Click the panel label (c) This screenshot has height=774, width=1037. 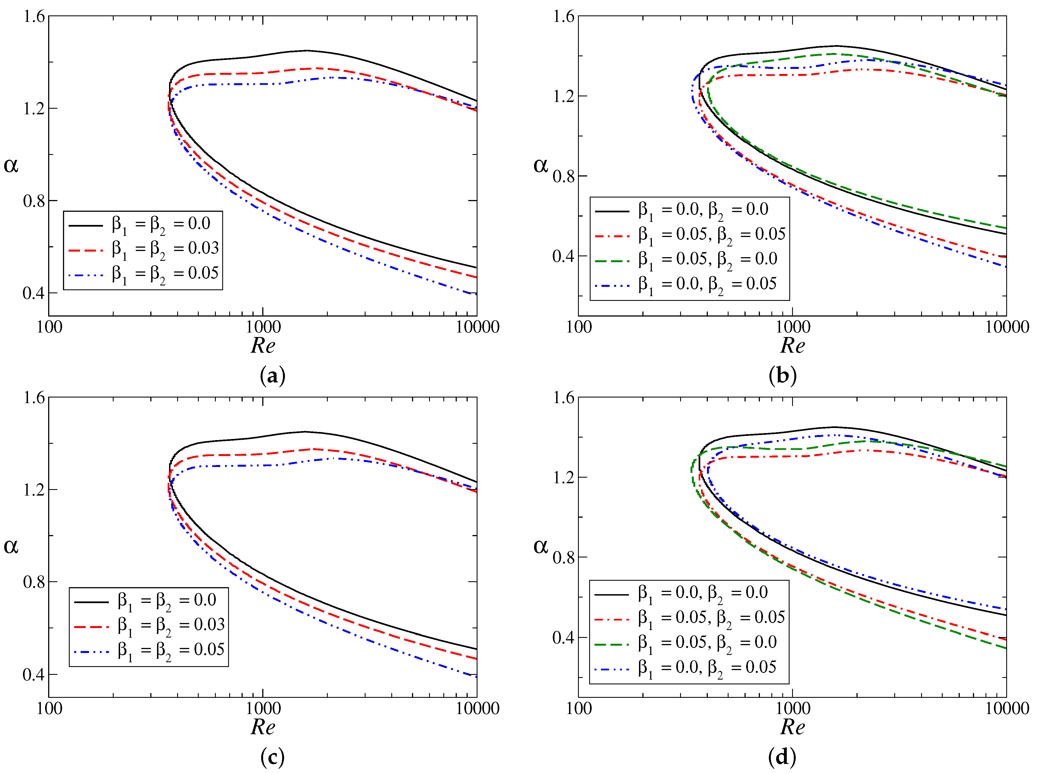click(x=273, y=757)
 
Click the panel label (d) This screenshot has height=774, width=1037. click(x=782, y=757)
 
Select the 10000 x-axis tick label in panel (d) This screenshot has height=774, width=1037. click(x=1006, y=708)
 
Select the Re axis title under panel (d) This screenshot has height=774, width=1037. click(x=792, y=727)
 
